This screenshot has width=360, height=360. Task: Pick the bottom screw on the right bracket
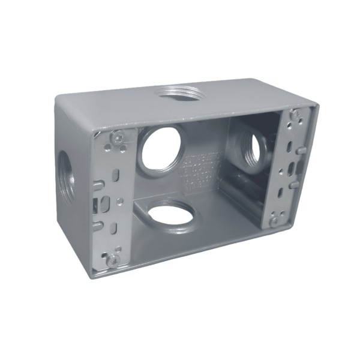tap(275, 220)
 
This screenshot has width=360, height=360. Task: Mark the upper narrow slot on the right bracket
tap(289, 145)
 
